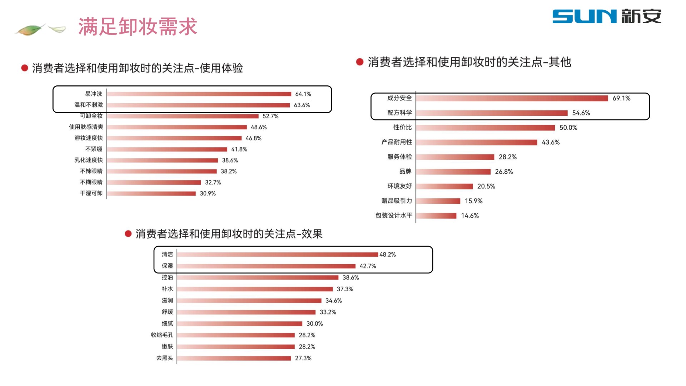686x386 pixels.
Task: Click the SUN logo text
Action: click(x=585, y=16)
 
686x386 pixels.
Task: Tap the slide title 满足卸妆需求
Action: click(x=138, y=27)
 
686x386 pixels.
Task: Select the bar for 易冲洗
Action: click(x=199, y=94)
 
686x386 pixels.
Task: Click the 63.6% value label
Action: click(x=302, y=105)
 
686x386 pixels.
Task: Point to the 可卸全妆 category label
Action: click(x=91, y=116)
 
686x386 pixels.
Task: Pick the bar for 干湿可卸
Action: click(x=151, y=193)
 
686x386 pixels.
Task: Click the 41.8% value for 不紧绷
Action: click(x=239, y=149)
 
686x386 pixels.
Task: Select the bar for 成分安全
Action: click(x=512, y=98)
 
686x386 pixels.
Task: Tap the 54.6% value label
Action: click(x=581, y=113)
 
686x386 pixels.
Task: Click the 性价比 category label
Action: click(x=402, y=128)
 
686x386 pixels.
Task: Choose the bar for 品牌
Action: click(x=453, y=172)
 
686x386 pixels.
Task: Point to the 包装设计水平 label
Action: click(x=394, y=216)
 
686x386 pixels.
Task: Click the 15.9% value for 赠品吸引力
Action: click(x=473, y=201)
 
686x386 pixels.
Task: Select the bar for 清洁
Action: click(x=278, y=254)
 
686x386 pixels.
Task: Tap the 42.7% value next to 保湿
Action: click(x=368, y=266)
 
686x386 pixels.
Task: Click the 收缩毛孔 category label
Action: click(x=162, y=335)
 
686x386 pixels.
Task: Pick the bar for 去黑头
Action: click(x=234, y=358)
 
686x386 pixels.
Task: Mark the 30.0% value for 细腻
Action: click(x=314, y=323)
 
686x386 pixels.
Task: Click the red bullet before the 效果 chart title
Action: click(x=128, y=234)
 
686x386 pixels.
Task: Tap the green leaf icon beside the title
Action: click(x=31, y=30)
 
